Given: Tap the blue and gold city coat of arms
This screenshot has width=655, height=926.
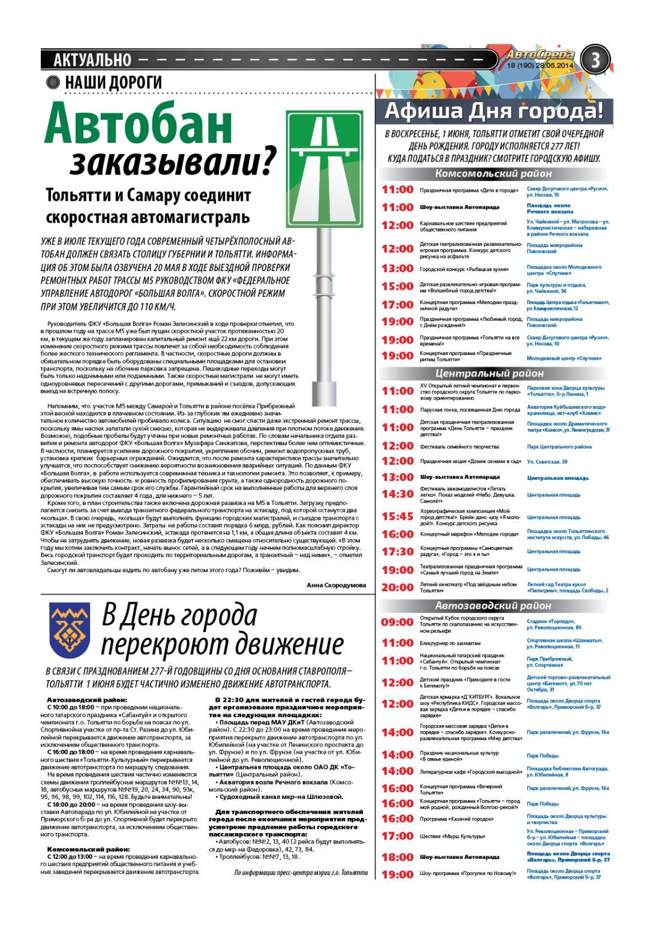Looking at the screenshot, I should (69, 630).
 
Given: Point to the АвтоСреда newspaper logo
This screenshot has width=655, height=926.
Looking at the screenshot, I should (540, 55).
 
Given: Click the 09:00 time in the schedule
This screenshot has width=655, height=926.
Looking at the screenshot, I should (397, 623).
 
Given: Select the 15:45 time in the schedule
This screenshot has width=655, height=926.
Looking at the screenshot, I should (397, 516).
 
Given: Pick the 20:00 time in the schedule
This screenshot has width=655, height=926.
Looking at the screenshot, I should (397, 587).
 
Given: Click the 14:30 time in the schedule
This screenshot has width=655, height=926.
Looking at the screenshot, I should (397, 494).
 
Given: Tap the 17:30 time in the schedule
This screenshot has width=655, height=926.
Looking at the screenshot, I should (397, 551).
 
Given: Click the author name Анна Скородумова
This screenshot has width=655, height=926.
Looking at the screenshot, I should (335, 585).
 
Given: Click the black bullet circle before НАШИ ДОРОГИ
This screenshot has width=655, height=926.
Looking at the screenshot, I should (53, 83).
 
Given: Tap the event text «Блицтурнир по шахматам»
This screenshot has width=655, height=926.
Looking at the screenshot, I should (450, 643).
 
